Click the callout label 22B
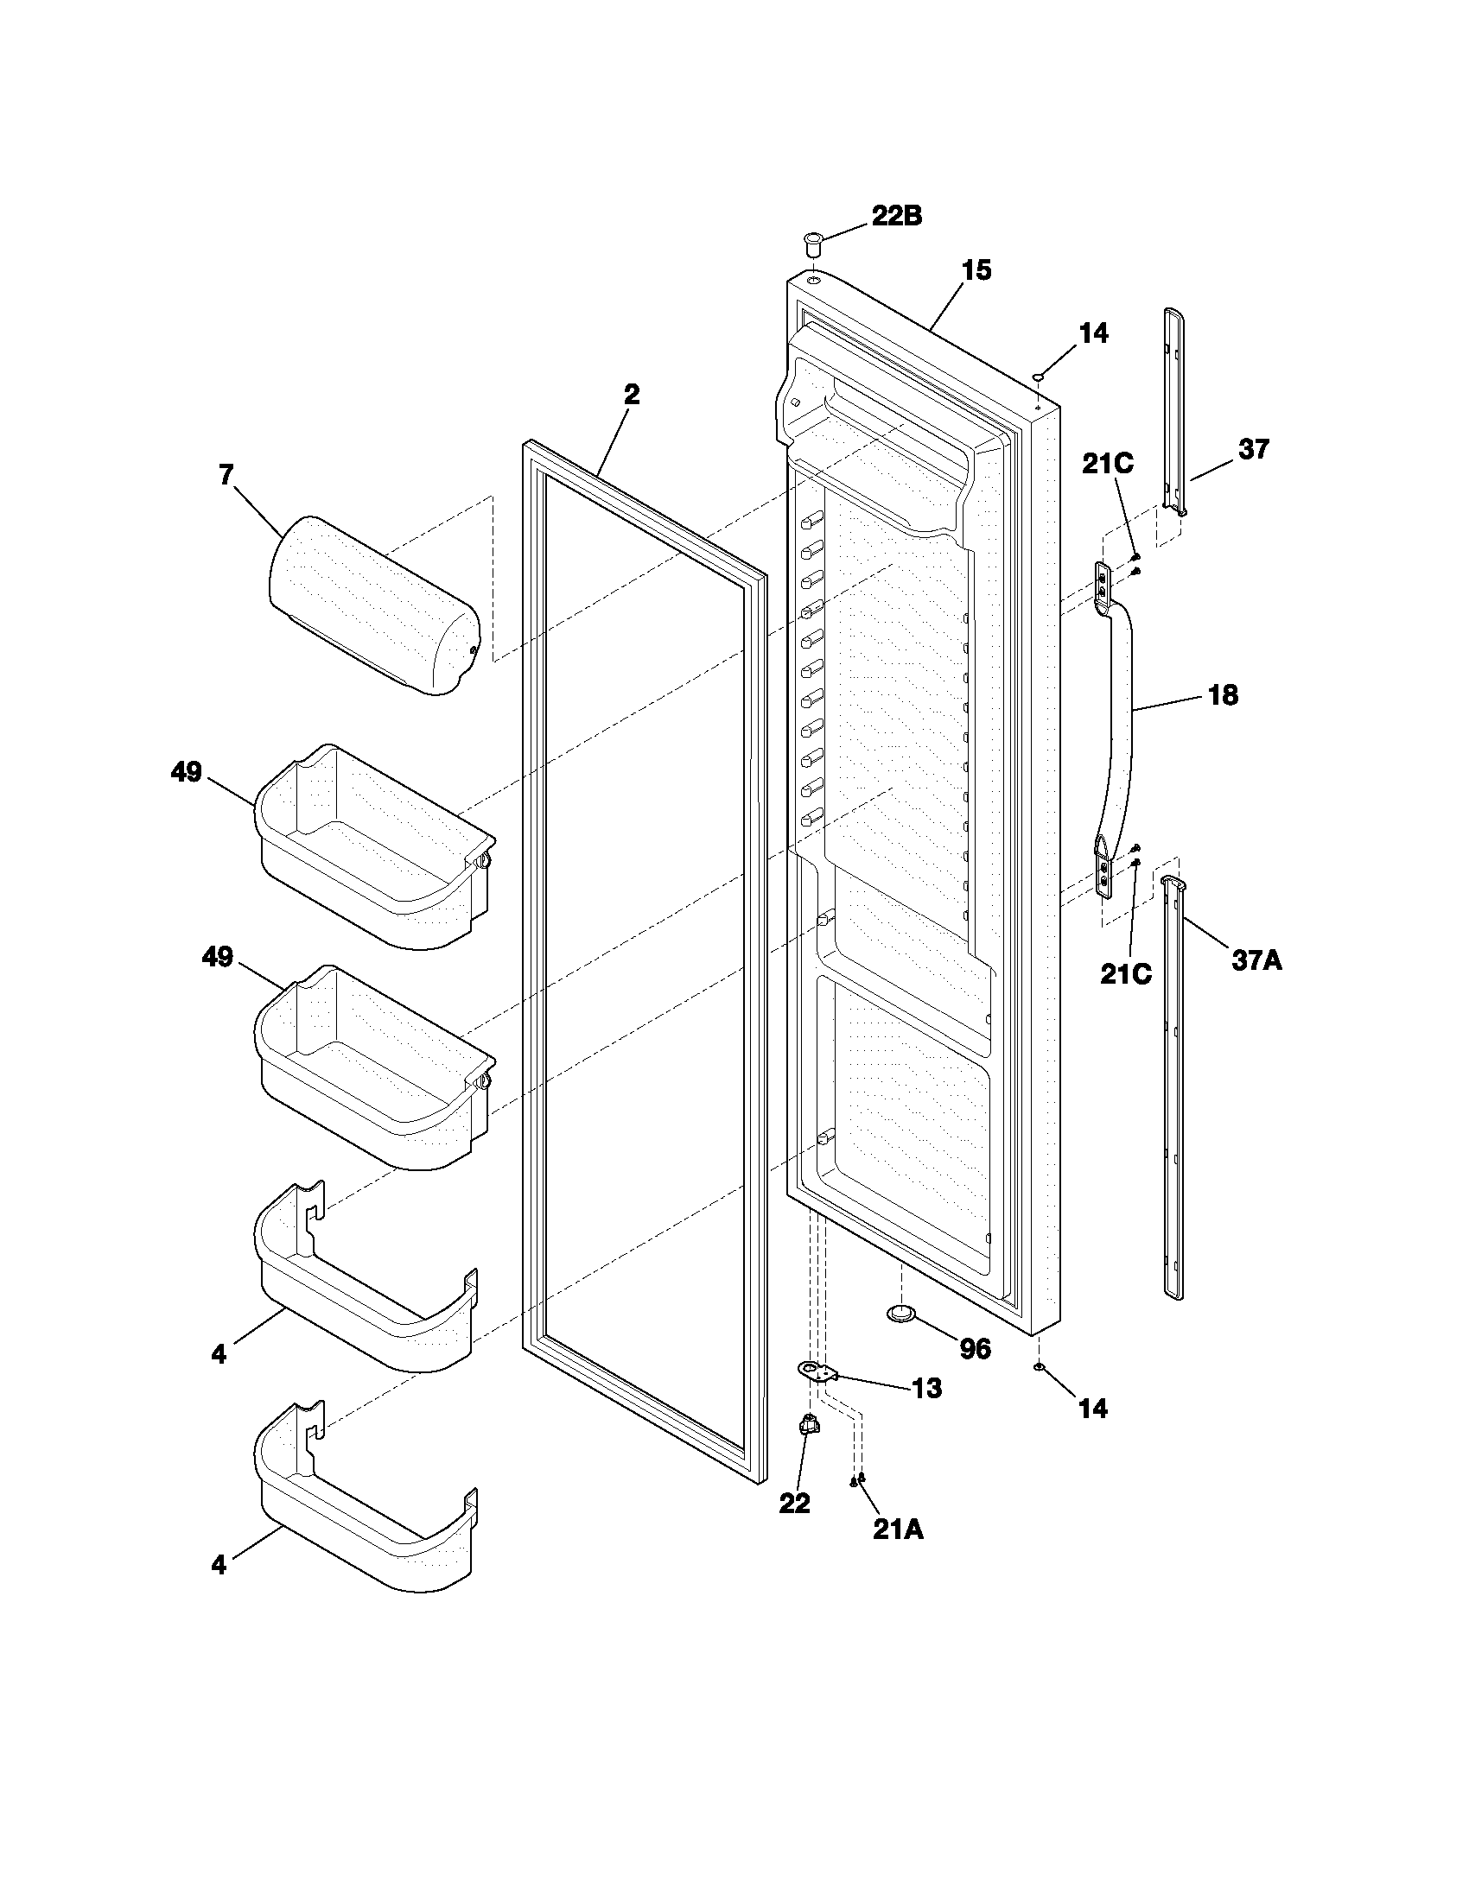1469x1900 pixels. click(x=896, y=217)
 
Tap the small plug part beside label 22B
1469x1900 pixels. click(x=813, y=241)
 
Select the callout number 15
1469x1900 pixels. click(x=976, y=270)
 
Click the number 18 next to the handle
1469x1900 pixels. click(x=1223, y=695)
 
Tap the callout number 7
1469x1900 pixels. click(x=226, y=475)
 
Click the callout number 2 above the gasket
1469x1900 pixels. click(x=632, y=395)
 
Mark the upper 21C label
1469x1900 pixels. click(x=1107, y=465)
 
